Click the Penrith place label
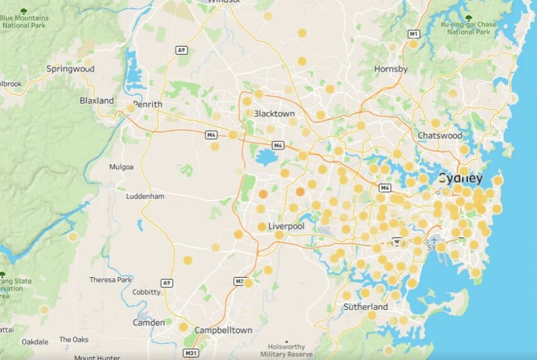(148, 104)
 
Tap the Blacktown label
(274, 114)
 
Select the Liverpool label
(286, 226)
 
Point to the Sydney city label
(460, 177)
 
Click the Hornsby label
(391, 69)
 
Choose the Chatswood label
(440, 135)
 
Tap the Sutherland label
(365, 307)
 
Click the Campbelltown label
(223, 330)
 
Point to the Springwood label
(70, 68)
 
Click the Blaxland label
(97, 101)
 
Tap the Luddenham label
(145, 196)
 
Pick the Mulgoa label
(121, 167)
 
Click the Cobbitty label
(147, 292)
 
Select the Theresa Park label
(111, 280)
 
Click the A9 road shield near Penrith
(182, 50)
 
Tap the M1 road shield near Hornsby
(413, 34)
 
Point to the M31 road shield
(191, 352)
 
